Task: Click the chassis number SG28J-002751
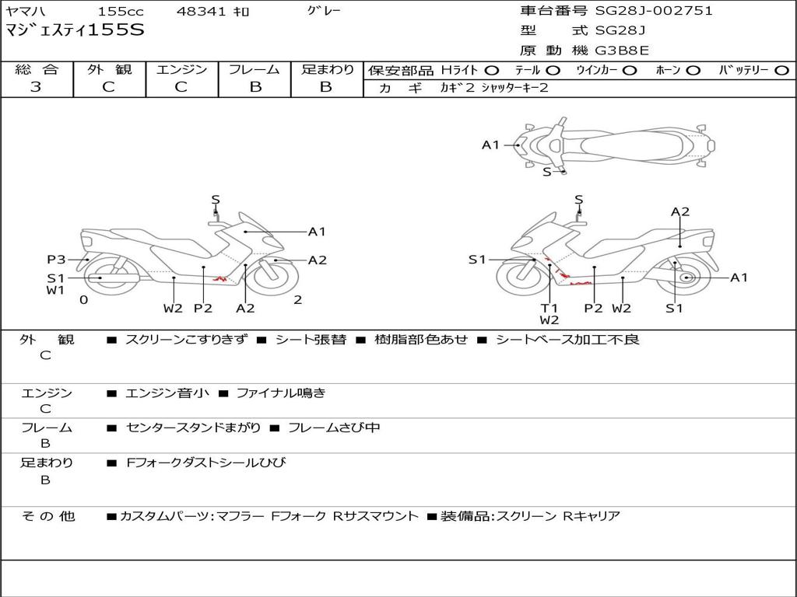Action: (654, 11)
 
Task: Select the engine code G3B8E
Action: (622, 51)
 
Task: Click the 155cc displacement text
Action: (120, 12)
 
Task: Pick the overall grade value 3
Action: (36, 87)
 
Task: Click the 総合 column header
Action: (37, 70)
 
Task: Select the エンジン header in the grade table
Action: (181, 70)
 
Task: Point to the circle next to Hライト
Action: (492, 71)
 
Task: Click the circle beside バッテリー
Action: (781, 71)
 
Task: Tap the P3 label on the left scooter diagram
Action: (56, 260)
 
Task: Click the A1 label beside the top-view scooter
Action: (490, 145)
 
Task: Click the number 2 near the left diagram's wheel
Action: (297, 300)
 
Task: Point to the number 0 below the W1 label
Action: (83, 300)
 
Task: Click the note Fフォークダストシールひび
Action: (205, 463)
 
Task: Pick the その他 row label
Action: (48, 516)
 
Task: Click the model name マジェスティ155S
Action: (75, 30)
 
